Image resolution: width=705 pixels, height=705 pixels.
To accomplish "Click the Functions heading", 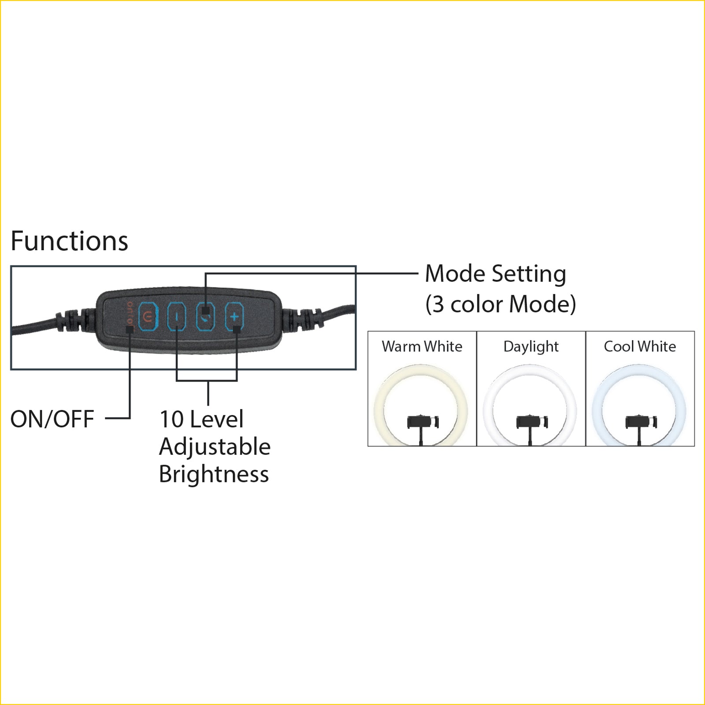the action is [69, 241].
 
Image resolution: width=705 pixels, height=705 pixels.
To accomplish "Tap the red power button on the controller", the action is [148, 316].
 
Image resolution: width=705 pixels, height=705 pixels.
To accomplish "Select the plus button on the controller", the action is [234, 316].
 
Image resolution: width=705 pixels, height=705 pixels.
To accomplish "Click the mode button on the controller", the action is [205, 316].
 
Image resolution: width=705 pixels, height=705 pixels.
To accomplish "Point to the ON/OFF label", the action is [52, 419].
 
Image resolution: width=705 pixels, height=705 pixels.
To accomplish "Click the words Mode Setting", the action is [496, 274].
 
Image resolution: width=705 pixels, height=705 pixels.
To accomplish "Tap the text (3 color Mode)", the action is [501, 304].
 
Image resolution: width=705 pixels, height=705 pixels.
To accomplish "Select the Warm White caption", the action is [422, 347].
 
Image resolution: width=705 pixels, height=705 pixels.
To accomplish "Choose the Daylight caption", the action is [531, 347].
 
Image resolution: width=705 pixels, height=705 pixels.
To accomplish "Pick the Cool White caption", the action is [640, 347].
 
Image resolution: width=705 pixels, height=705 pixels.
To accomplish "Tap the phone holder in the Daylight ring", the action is [532, 422].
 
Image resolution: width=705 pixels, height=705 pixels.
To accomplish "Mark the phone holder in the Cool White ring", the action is [642, 422].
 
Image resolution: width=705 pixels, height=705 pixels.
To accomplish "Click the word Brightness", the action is [214, 474].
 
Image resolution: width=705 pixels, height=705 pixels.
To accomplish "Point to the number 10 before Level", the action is [171, 419].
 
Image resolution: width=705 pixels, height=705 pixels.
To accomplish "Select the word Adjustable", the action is [215, 447].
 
